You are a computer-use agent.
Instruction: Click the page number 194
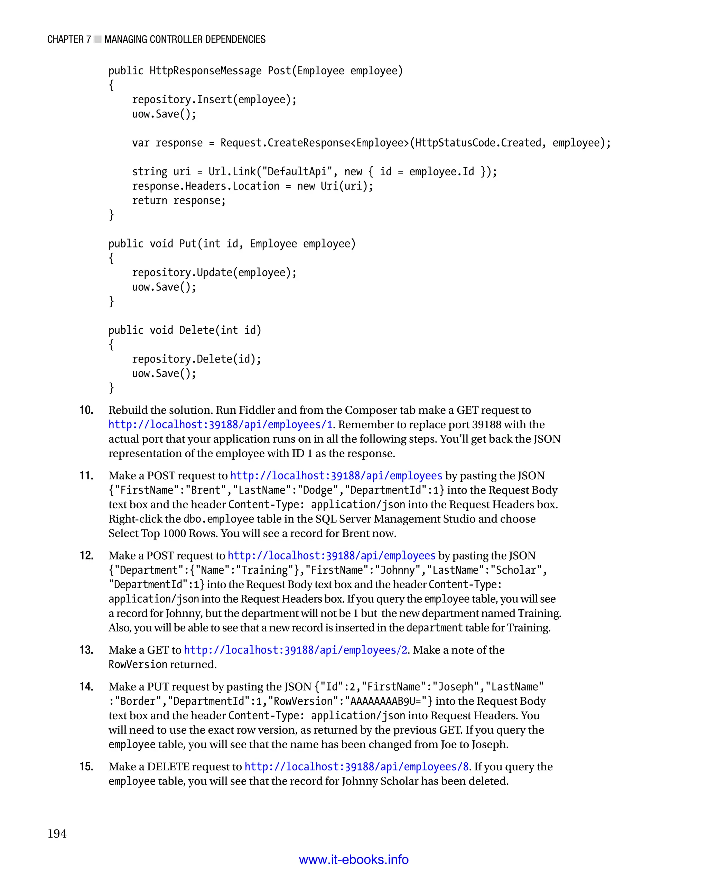57,834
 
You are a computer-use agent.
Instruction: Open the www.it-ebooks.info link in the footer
354,859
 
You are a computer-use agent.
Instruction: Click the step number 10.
86,410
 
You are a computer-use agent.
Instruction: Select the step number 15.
86,766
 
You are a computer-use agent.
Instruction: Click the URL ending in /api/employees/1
220,424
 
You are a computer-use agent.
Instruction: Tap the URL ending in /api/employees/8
356,767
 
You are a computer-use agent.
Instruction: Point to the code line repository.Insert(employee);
214,100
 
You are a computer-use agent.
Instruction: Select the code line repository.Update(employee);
214,272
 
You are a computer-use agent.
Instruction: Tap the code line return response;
179,200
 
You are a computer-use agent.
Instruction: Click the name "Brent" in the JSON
208,490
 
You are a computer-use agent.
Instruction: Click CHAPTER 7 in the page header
69,39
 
